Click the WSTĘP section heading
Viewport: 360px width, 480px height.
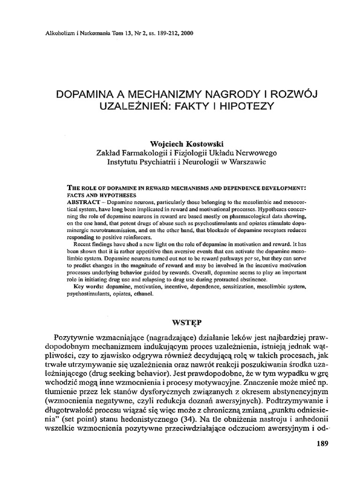[180, 323]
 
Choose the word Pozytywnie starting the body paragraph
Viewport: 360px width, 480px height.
[77, 338]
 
